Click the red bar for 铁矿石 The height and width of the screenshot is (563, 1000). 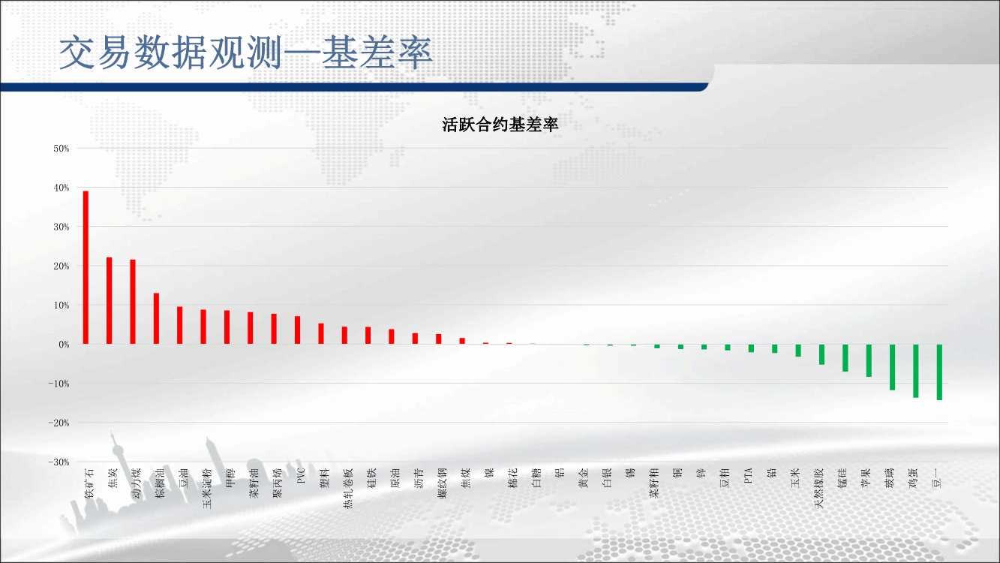[86, 267]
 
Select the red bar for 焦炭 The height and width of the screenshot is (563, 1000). [110, 300]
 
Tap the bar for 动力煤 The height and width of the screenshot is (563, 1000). [133, 302]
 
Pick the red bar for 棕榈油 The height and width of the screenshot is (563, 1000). [156, 318]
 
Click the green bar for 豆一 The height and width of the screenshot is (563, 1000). [939, 372]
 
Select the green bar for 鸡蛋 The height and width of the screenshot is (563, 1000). [916, 371]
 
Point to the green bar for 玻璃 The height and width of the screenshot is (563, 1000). [893, 367]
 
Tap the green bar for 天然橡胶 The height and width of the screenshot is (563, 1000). [822, 354]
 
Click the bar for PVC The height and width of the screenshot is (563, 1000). [297, 330]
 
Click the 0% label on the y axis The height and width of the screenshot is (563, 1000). [64, 345]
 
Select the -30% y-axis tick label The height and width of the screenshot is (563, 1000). [59, 462]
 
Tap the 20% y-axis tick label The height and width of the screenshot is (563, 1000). [62, 266]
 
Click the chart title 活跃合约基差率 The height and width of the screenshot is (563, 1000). [500, 125]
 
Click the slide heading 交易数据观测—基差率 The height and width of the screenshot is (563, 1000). [245, 53]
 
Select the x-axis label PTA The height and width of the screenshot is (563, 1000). [749, 475]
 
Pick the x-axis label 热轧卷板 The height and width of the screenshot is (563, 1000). [348, 489]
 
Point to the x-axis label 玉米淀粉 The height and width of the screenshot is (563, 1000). [207, 489]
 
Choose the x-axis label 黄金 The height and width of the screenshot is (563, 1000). [584, 478]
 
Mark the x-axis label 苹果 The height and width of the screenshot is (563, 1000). [866, 478]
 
